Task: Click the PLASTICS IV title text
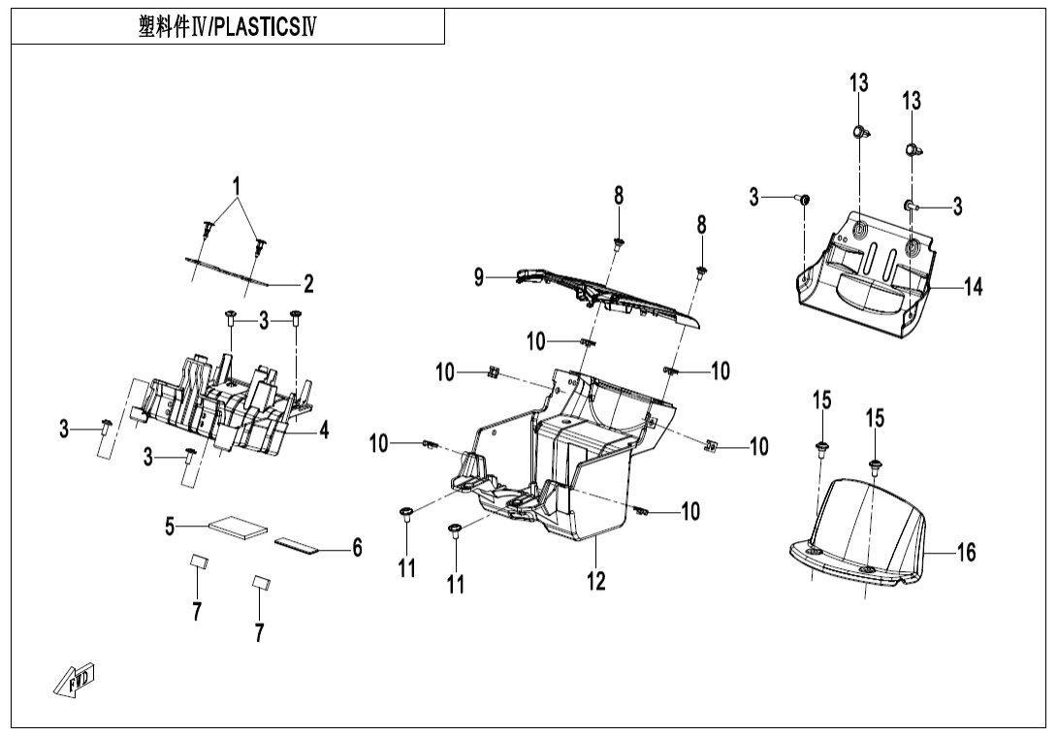tap(229, 27)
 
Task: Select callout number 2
tap(308, 284)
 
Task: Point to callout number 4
tap(325, 430)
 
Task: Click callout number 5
tap(170, 527)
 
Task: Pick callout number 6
tap(357, 549)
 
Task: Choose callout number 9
tap(479, 277)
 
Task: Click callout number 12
tap(596, 580)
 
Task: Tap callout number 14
tap(973, 287)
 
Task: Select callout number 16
tap(966, 554)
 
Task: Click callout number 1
tap(235, 184)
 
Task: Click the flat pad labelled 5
tap(240, 527)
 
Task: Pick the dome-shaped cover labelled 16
tap(863, 533)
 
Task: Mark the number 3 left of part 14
tap(753, 198)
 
